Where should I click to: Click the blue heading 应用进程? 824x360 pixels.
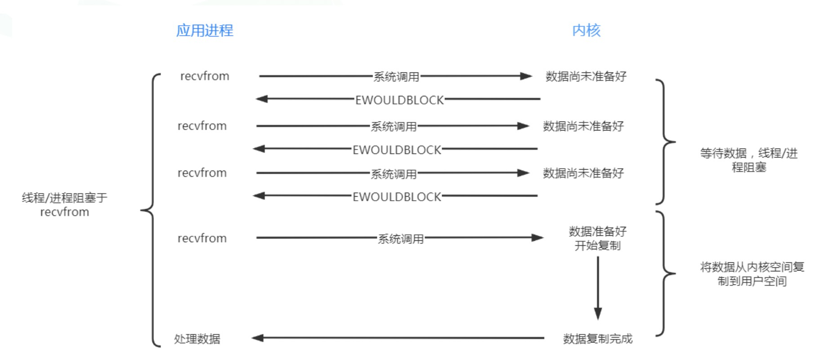click(x=205, y=31)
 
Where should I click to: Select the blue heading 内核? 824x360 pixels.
click(x=586, y=31)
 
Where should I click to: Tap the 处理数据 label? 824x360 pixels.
click(x=197, y=339)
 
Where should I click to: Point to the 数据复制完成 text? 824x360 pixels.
click(x=597, y=339)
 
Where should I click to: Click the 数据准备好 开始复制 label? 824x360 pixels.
click(x=597, y=238)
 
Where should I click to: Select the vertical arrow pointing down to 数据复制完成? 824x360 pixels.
click(x=598, y=288)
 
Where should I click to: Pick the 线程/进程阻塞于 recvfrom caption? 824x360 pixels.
click(x=65, y=205)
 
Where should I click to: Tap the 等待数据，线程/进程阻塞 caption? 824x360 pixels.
click(x=749, y=160)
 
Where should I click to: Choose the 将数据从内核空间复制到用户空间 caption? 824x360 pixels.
click(x=752, y=274)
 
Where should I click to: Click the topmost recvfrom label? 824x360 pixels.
click(x=205, y=76)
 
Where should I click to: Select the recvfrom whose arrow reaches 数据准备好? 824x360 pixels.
click(x=202, y=238)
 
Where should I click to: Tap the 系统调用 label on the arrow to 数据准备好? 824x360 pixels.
click(x=400, y=239)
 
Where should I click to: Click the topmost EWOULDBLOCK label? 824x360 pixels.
click(x=399, y=100)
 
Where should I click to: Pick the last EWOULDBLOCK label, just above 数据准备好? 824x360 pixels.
click(x=397, y=197)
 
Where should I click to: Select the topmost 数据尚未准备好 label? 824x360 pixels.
click(x=586, y=76)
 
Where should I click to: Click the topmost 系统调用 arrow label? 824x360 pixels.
click(x=396, y=77)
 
